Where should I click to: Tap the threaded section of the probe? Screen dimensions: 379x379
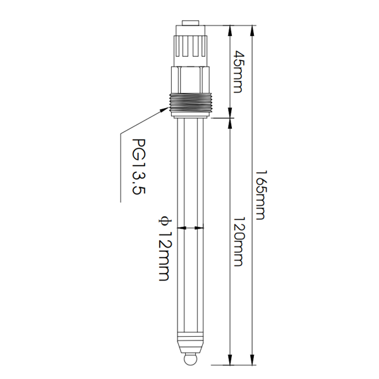click(x=191, y=104)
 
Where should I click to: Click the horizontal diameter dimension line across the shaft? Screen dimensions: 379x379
click(x=191, y=227)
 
